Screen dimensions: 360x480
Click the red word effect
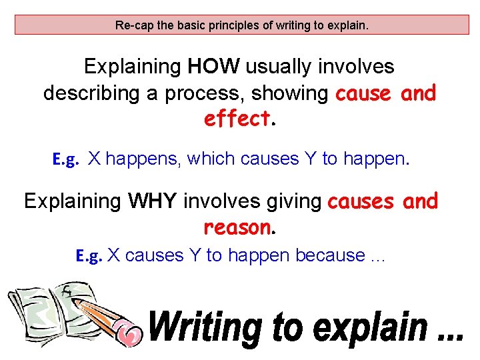pyautogui.click(x=237, y=119)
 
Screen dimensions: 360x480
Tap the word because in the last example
pyautogui.click(x=330, y=255)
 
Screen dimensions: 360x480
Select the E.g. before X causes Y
pyautogui.click(x=89, y=256)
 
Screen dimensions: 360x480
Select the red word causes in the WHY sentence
pyautogui.click(x=360, y=201)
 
